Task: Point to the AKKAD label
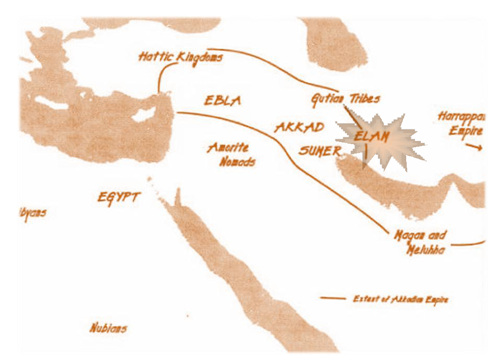[299, 127]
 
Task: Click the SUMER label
[320, 150]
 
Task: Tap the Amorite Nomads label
[230, 155]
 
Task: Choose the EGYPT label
[119, 198]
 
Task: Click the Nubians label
[108, 329]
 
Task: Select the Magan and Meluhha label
[420, 242]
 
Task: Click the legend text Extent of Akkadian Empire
[400, 299]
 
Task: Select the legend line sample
[333, 299]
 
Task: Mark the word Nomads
[237, 161]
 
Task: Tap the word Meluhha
[427, 250]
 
